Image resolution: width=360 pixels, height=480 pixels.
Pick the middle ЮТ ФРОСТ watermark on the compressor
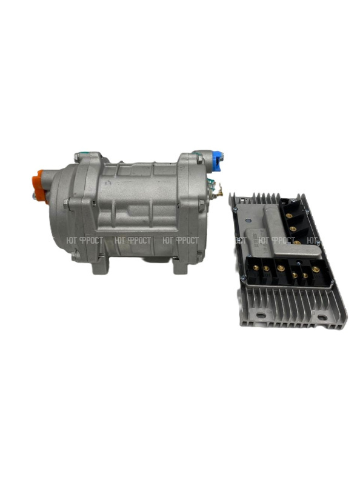(x=133, y=241)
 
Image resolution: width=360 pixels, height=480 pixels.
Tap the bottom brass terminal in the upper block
(x=297, y=242)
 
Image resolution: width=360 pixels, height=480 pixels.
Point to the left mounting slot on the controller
(x=261, y=315)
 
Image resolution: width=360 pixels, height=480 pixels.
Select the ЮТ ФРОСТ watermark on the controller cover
(x=271, y=241)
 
